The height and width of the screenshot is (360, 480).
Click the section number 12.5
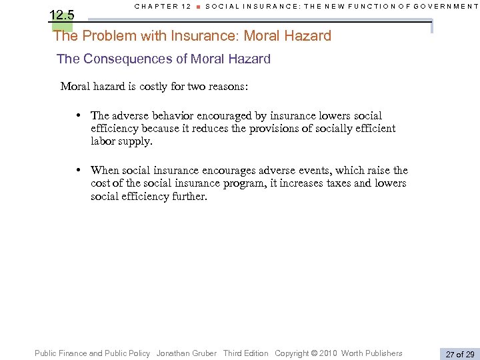pos(62,15)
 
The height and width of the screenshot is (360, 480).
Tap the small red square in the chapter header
pos(198,7)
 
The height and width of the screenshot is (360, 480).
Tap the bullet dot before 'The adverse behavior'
pos(79,116)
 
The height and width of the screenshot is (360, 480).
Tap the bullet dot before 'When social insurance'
pos(79,171)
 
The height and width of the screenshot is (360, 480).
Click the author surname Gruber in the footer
pos(204,353)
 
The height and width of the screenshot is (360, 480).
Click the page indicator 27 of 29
pos(459,354)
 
